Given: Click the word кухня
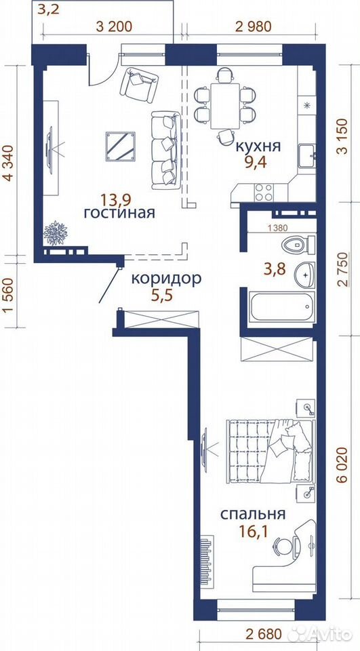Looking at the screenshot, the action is tap(258, 146).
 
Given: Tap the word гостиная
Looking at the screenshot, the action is tap(119, 213).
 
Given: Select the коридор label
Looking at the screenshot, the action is tap(166, 279).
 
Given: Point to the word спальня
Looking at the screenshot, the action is tap(252, 514).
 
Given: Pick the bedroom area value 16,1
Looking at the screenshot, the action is tap(252, 531).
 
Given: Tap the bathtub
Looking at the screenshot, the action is tap(282, 307).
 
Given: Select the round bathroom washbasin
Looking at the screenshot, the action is tap(305, 275).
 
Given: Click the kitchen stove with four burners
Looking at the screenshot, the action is tap(264, 193).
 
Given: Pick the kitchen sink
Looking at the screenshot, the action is tap(306, 156).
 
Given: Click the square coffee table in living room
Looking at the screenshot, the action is tap(121, 146).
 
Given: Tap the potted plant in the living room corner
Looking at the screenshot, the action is tap(55, 233).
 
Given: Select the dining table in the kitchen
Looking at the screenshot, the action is tap(225, 106).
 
